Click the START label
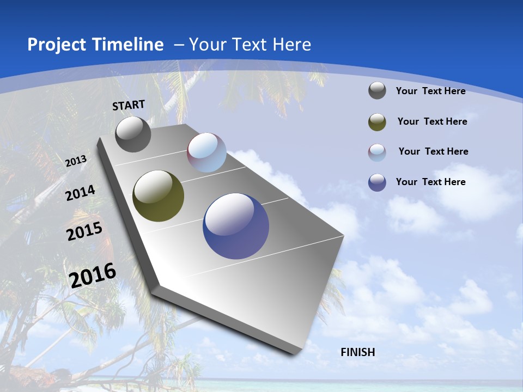tap(129, 105)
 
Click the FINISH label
tap(358, 352)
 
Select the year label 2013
tap(76, 161)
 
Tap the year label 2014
tap(80, 193)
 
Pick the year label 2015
tap(84, 231)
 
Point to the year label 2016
tap(93, 275)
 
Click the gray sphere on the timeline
tap(133, 134)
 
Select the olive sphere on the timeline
tap(158, 196)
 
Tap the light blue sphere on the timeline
tap(206, 152)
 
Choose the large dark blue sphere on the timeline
tap(236, 226)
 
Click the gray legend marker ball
tap(377, 91)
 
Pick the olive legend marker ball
tap(377, 122)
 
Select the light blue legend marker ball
tap(377, 152)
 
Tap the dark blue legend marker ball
tap(377, 182)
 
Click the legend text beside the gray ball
tap(430, 91)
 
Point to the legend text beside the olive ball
tap(432, 121)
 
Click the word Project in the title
tap(54, 45)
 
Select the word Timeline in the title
tap(129, 45)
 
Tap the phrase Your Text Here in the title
tap(250, 45)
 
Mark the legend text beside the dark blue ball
tap(430, 182)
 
